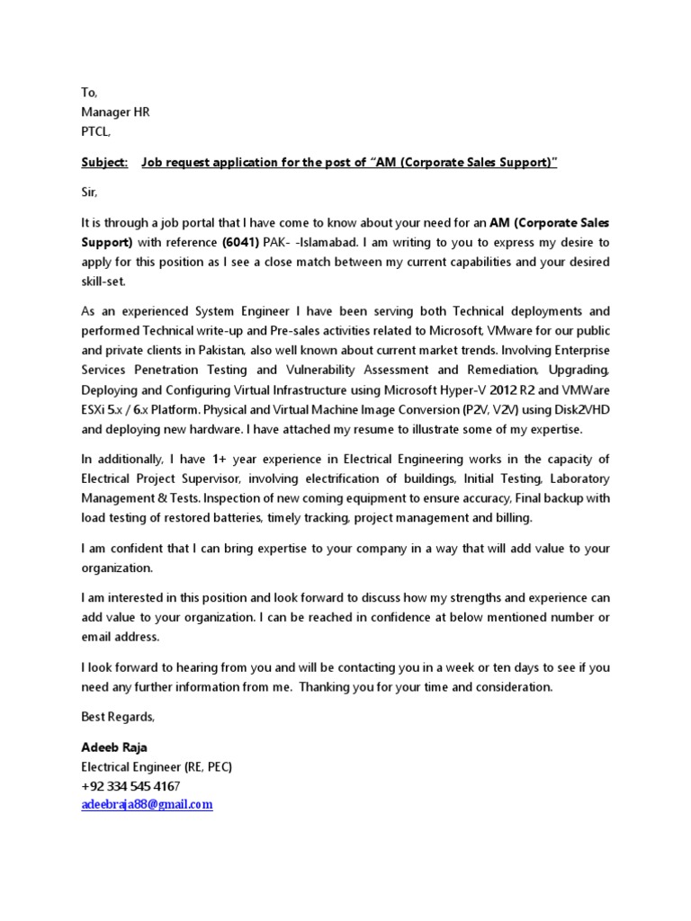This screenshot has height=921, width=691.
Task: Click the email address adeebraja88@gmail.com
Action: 147,805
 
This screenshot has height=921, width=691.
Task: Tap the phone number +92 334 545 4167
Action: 130,786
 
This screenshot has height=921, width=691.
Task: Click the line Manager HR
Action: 115,112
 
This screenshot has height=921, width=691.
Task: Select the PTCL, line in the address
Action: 97,130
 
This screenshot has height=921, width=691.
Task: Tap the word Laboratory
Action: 579,478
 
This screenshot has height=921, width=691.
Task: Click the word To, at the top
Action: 88,93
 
